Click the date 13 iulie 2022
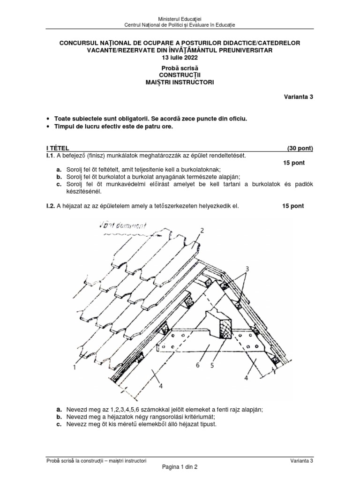click(x=180, y=58)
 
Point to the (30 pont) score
click(x=300, y=149)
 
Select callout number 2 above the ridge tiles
click(x=202, y=231)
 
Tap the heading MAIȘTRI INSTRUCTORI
click(x=180, y=82)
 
